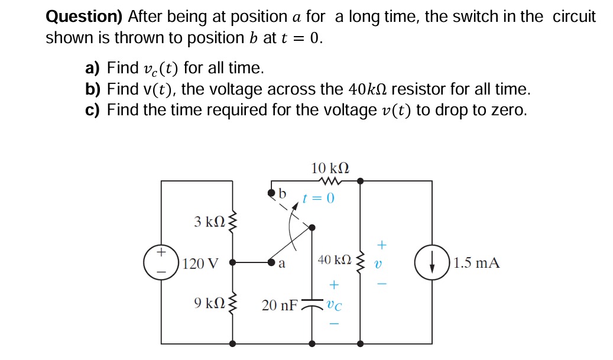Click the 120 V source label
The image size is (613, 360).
201,263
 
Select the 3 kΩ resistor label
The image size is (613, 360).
209,222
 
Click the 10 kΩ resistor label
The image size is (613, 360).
330,167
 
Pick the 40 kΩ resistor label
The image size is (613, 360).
335,260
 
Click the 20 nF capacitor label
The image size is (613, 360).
280,306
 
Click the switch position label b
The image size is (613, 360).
282,194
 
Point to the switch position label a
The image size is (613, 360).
282,265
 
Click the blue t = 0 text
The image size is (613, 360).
319,198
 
